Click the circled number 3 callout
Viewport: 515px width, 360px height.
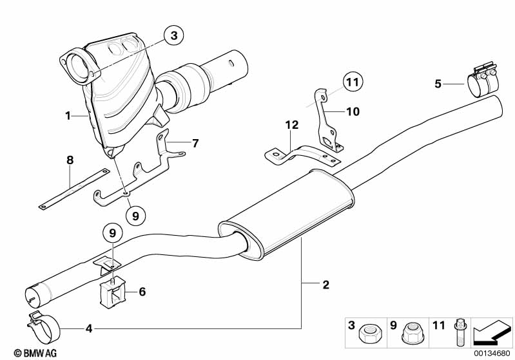(x=174, y=35)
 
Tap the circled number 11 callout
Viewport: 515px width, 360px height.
(x=353, y=82)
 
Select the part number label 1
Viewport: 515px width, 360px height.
(x=68, y=115)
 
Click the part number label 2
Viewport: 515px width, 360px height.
(x=326, y=285)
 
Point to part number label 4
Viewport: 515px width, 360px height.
(x=89, y=328)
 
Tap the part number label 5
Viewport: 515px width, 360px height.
(x=438, y=84)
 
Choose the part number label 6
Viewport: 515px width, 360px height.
(x=142, y=291)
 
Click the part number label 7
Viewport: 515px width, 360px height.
(x=195, y=143)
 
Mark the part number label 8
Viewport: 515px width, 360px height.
(x=70, y=160)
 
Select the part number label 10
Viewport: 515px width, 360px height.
(x=353, y=111)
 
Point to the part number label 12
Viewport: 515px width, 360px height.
(x=291, y=125)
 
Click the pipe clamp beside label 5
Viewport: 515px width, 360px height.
(x=483, y=80)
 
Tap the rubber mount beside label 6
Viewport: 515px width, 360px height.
(x=113, y=292)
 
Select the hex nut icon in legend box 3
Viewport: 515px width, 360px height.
(x=370, y=334)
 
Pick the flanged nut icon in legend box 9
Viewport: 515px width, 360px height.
(x=413, y=334)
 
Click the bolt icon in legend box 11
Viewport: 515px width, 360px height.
(x=460, y=333)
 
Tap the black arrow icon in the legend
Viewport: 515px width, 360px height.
(x=492, y=332)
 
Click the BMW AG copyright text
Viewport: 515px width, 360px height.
(x=35, y=353)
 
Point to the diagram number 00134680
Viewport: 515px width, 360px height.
(x=492, y=354)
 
